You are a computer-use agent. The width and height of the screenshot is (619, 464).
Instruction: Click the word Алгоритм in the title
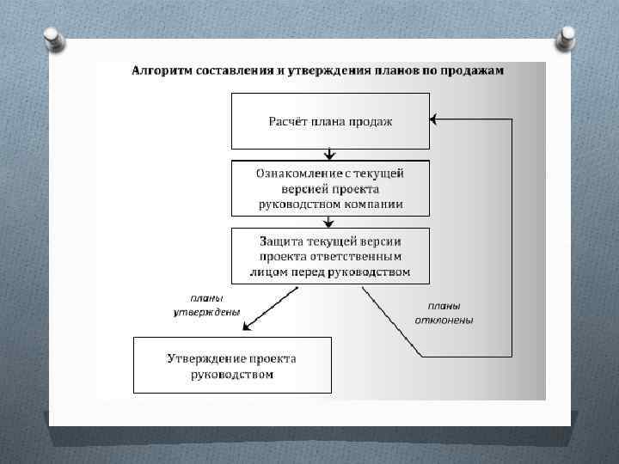[x=158, y=70]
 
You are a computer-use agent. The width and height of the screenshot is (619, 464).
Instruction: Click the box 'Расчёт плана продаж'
[x=330, y=120]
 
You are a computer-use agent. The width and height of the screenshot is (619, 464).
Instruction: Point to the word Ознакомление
[x=297, y=173]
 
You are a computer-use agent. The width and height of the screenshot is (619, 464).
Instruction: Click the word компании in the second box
[x=378, y=205]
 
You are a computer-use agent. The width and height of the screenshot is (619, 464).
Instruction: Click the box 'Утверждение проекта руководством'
[x=232, y=365]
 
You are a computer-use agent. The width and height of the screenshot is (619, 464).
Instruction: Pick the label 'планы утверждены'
[x=206, y=304]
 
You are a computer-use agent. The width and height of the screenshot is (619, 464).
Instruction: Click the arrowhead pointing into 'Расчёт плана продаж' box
[x=434, y=119]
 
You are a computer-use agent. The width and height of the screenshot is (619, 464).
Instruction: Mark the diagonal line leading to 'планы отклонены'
[x=391, y=321]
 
